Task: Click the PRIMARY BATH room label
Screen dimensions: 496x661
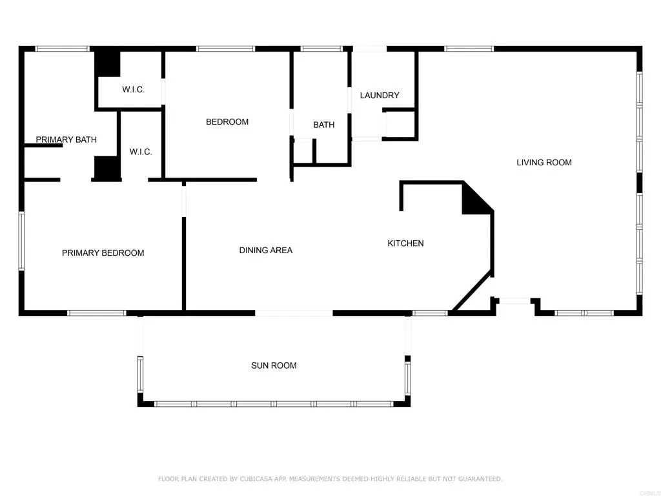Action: [66, 139]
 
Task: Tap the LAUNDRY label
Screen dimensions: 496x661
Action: [380, 96]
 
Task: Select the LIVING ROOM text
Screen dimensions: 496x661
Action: [544, 163]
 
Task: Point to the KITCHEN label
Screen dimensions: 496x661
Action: [405, 243]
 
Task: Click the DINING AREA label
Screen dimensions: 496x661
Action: [265, 250]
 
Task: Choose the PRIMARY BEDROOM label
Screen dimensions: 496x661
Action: [103, 253]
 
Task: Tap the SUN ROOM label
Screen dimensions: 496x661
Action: [274, 366]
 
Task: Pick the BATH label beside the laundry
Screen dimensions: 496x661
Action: [323, 125]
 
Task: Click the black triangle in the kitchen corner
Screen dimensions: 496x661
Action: [474, 201]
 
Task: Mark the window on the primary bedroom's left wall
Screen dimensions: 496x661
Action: [21, 241]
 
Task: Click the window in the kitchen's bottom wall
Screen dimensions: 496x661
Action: [430, 313]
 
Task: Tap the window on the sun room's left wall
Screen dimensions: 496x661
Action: [139, 375]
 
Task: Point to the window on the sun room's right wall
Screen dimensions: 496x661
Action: [407, 377]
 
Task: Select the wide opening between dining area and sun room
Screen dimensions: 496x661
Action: [294, 313]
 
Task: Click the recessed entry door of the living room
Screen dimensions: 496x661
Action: [515, 300]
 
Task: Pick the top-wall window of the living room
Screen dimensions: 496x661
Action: [469, 48]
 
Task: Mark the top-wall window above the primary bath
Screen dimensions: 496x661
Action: [62, 48]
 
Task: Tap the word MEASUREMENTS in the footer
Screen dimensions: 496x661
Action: [315, 479]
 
